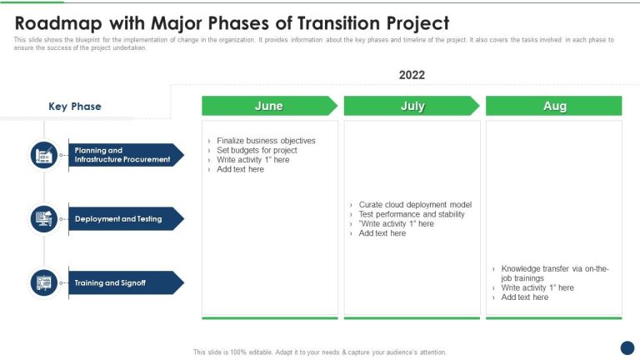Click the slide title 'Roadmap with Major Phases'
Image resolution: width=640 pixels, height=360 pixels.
(232, 22)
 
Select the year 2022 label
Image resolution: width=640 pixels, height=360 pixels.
(412, 75)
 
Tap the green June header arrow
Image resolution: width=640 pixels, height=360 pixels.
(269, 106)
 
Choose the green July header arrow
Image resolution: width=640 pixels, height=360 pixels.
(412, 106)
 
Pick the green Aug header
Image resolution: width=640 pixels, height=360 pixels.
(554, 106)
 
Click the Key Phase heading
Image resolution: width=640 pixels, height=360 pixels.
(75, 107)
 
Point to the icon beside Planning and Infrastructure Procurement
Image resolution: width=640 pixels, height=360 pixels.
(44, 155)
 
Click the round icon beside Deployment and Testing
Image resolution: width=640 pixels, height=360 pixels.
(44, 219)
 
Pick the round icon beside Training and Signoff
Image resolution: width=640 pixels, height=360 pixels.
(44, 283)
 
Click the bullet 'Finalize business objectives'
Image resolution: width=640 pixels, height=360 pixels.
(266, 141)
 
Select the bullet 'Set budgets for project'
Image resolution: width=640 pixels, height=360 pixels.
(257, 150)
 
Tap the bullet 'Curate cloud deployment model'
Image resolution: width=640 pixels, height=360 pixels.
(415, 204)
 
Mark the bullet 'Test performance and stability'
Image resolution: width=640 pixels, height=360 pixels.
(412, 214)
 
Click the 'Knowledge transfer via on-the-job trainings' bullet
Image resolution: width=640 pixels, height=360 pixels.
(554, 273)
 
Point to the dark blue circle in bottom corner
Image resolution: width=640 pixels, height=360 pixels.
(627, 348)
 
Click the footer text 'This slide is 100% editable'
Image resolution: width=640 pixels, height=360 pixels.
(320, 352)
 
